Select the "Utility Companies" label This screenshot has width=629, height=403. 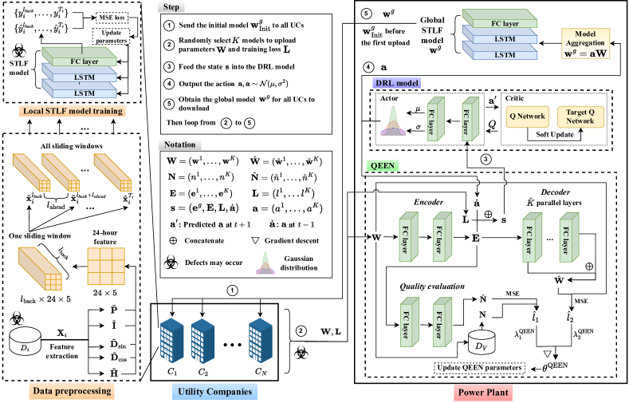pos(214,392)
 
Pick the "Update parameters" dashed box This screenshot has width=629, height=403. pos(109,35)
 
